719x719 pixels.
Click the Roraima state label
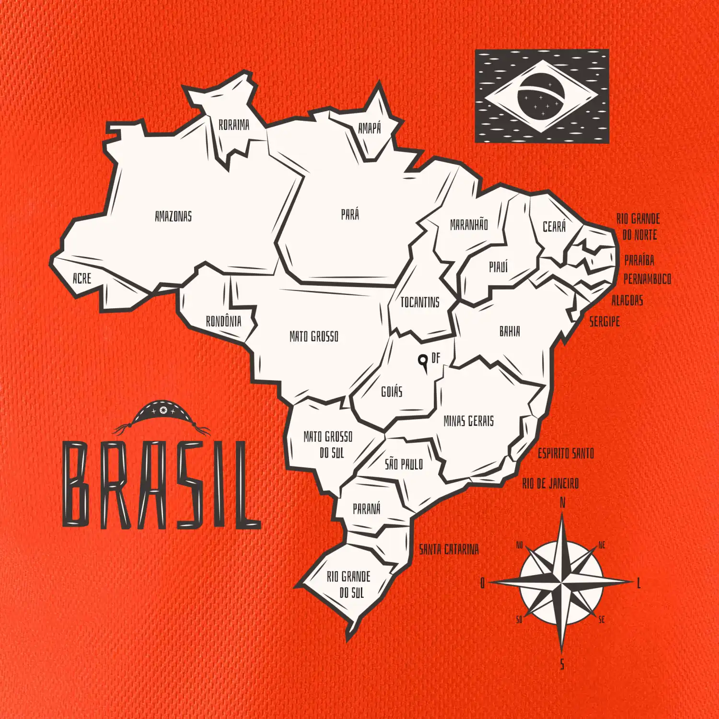pyautogui.click(x=234, y=125)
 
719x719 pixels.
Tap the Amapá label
pyautogui.click(x=370, y=128)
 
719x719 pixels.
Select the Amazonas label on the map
pyautogui.click(x=173, y=217)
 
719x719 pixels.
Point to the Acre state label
pyautogui.click(x=81, y=278)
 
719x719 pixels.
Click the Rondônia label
pyautogui.click(x=223, y=321)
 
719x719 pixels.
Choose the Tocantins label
pyautogui.click(x=420, y=302)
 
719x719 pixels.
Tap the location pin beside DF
pyautogui.click(x=423, y=362)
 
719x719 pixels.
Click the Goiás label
pyautogui.click(x=392, y=392)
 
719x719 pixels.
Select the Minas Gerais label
pyautogui.click(x=468, y=421)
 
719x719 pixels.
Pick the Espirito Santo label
pyautogui.click(x=566, y=453)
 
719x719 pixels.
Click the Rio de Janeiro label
pyautogui.click(x=550, y=484)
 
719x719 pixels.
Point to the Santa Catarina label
pyautogui.click(x=449, y=549)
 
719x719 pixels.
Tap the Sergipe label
pyautogui.click(x=604, y=322)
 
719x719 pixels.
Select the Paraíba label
pyautogui.click(x=639, y=260)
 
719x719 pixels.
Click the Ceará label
pyautogui.click(x=554, y=227)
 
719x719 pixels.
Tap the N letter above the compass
pyautogui.click(x=563, y=503)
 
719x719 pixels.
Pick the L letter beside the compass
pyautogui.click(x=638, y=583)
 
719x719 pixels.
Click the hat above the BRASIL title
pyautogui.click(x=162, y=414)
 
